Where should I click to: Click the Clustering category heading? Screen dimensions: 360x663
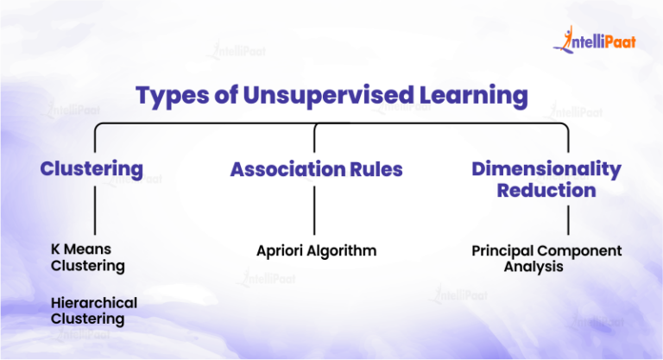(x=92, y=168)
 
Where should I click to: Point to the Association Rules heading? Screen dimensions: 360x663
(x=316, y=169)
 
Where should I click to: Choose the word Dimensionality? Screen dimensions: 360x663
(x=546, y=168)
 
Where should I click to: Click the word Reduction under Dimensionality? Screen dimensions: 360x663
(x=546, y=190)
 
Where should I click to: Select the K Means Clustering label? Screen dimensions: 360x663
(x=87, y=258)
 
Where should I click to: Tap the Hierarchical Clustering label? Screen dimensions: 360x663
(x=94, y=311)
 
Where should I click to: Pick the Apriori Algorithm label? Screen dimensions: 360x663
(x=316, y=251)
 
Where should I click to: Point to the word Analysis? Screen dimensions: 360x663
(x=534, y=267)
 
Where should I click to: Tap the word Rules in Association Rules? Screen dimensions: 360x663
(x=377, y=169)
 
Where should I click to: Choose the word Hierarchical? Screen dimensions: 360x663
(x=94, y=303)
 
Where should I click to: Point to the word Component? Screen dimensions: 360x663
(x=582, y=251)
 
